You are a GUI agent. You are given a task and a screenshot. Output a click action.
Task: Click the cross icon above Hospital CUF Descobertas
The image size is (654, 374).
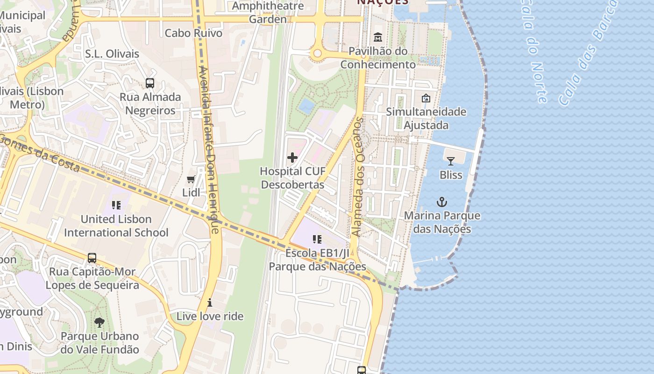coord(292,158)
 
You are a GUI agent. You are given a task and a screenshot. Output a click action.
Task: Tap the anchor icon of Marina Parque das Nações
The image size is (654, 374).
coord(442,202)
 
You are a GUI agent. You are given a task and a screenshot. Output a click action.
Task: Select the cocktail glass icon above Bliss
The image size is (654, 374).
coord(451,161)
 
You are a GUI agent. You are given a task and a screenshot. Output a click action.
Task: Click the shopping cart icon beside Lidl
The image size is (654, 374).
coord(191,179)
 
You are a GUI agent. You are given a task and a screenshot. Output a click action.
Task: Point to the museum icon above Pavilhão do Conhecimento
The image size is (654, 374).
coord(377,37)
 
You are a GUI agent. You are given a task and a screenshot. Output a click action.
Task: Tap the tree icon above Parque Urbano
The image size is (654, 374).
coord(99,322)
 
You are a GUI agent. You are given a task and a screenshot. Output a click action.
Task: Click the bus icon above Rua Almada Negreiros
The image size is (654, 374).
coord(150,83)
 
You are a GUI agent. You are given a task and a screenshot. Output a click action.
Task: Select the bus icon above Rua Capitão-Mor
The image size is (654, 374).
coord(92,258)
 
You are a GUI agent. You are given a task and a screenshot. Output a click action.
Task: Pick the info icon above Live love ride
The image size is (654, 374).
coord(210,302)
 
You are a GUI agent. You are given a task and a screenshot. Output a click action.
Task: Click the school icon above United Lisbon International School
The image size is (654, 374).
coord(116,205)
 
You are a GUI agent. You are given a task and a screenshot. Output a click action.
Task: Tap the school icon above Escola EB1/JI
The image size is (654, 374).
coord(317,240)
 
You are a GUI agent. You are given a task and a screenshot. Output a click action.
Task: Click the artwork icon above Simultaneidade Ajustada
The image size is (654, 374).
coord(426,98)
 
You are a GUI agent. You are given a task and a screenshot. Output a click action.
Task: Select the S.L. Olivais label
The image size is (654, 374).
coord(112,54)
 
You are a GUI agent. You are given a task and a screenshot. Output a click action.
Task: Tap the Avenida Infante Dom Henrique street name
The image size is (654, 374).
coord(209,150)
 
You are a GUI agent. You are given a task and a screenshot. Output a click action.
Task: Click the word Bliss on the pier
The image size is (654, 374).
coord(451,175)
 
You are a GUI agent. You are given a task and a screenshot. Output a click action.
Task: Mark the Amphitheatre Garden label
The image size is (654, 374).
coord(268,13)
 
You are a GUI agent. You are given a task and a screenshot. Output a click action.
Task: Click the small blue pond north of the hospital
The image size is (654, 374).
coord(307,106)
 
